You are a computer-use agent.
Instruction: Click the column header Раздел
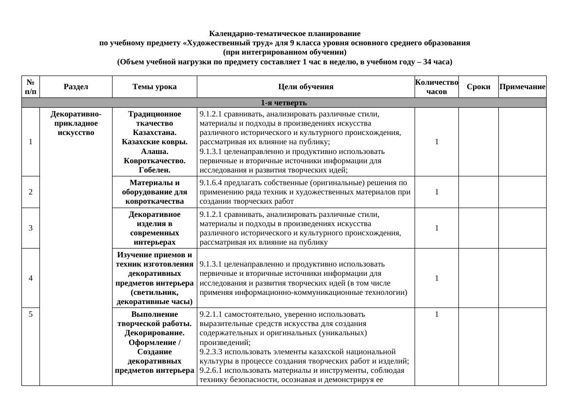[76, 87]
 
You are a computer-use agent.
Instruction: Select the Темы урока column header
[154, 87]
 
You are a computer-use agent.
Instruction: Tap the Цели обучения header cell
[305, 87]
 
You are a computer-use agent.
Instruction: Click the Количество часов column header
[436, 87]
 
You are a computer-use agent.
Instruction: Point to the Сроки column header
[478, 87]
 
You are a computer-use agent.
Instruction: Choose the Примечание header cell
[522, 87]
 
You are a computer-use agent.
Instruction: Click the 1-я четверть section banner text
[284, 103]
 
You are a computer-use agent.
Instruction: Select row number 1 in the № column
[31, 142]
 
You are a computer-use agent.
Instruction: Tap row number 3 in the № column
[31, 228]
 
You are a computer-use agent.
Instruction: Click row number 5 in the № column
[31, 314]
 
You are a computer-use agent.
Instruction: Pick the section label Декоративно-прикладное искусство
[76, 123]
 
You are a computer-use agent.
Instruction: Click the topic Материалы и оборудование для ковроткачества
[154, 192]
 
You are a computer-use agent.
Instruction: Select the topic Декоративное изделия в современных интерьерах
[154, 228]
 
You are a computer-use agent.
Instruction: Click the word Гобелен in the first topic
[154, 170]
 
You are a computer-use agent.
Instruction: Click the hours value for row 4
[437, 278]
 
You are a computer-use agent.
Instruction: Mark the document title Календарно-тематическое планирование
[285, 34]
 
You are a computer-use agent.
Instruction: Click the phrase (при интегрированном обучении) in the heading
[285, 52]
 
